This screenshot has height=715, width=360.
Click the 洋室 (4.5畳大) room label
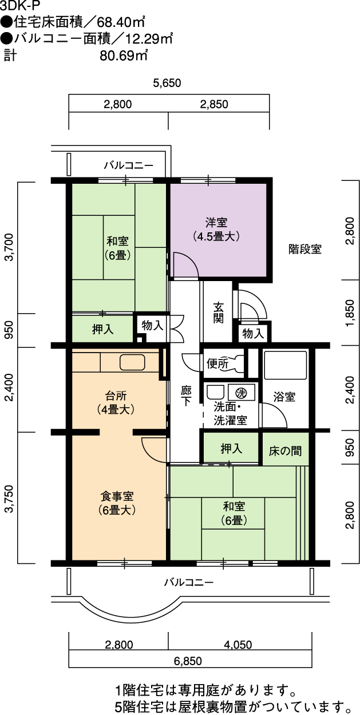(x=216, y=230)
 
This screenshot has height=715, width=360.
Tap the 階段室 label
(x=305, y=249)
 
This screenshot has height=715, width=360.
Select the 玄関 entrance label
(x=218, y=313)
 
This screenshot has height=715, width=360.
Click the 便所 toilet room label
(x=217, y=364)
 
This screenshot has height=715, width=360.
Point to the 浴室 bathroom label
(x=284, y=397)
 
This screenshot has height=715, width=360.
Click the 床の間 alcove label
(x=285, y=451)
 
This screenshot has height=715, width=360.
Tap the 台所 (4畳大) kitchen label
(x=116, y=402)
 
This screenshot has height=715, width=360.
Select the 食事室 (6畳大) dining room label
(x=117, y=503)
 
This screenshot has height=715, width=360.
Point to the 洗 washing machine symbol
(x=242, y=393)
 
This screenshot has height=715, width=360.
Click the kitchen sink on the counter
(x=132, y=362)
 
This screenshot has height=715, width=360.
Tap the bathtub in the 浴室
(x=286, y=365)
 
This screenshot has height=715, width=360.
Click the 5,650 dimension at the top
(x=167, y=83)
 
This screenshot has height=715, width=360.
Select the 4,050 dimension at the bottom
(x=238, y=645)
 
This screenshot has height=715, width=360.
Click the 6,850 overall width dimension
(x=188, y=661)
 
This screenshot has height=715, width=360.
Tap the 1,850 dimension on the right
(x=350, y=313)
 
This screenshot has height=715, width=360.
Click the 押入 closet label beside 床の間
(x=231, y=448)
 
